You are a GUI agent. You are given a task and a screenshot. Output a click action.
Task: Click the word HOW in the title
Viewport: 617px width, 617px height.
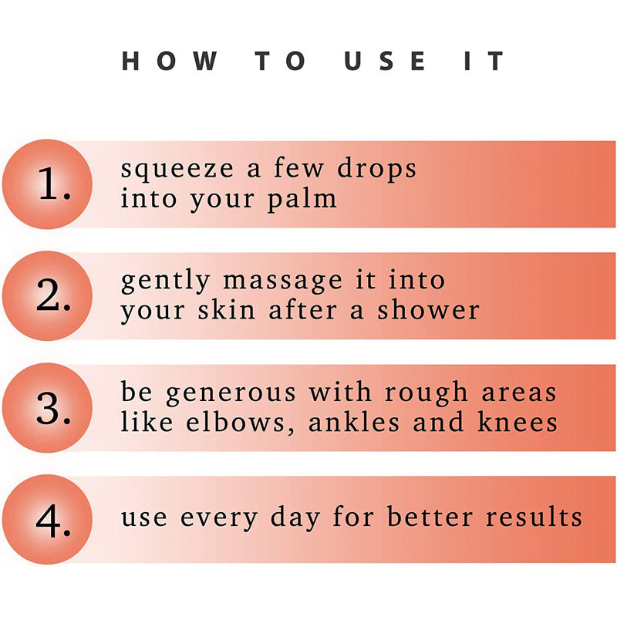pyautogui.click(x=170, y=61)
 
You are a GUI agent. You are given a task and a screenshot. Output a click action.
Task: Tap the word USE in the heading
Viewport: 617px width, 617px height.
pyautogui.click(x=385, y=61)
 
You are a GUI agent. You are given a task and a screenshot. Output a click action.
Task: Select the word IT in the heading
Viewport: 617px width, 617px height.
pyautogui.click(x=484, y=61)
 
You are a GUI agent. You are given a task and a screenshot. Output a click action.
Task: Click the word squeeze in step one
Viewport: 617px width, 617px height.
pyautogui.click(x=177, y=170)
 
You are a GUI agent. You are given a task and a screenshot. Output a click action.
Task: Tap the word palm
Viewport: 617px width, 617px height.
pyautogui.click(x=302, y=200)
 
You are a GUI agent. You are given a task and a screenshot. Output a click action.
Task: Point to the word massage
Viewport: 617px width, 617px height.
pyautogui.click(x=282, y=282)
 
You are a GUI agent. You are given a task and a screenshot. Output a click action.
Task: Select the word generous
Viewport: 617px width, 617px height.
pyautogui.click(x=231, y=394)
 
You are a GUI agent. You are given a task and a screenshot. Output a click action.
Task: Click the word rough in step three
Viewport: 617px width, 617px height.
pyautogui.click(x=427, y=393)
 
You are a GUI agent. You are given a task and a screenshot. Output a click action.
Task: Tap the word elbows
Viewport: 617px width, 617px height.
pyautogui.click(x=240, y=422)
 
